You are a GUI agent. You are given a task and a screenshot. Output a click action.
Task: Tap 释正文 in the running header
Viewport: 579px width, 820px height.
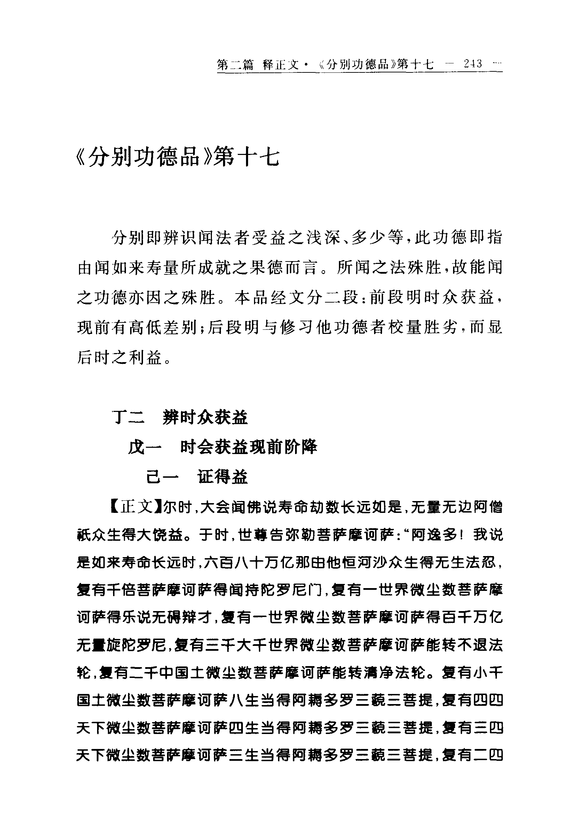tap(280, 65)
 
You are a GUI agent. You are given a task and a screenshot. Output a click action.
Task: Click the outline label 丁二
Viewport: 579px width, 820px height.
tap(128, 417)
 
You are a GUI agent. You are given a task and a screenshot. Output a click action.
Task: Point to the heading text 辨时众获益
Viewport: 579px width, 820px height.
tap(205, 417)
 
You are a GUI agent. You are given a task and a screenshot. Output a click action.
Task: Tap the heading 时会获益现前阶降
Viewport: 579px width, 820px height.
tap(248, 447)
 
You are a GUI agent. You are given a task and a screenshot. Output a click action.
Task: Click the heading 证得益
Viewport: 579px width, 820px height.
tap(223, 477)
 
